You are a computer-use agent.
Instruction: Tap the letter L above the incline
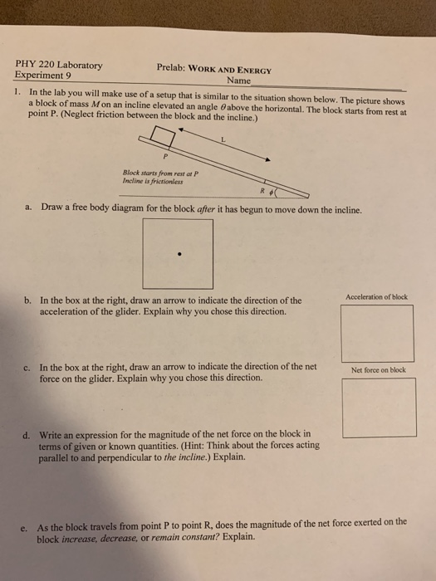tap(223, 141)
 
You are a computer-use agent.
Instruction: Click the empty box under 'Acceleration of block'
tap(377, 333)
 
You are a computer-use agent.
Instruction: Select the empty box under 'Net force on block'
tap(378, 407)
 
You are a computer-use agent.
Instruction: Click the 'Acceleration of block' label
tap(377, 297)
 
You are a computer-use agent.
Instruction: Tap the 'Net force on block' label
tap(378, 370)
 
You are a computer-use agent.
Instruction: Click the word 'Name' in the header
tap(238, 81)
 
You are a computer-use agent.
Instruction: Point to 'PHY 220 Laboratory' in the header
tap(58, 64)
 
